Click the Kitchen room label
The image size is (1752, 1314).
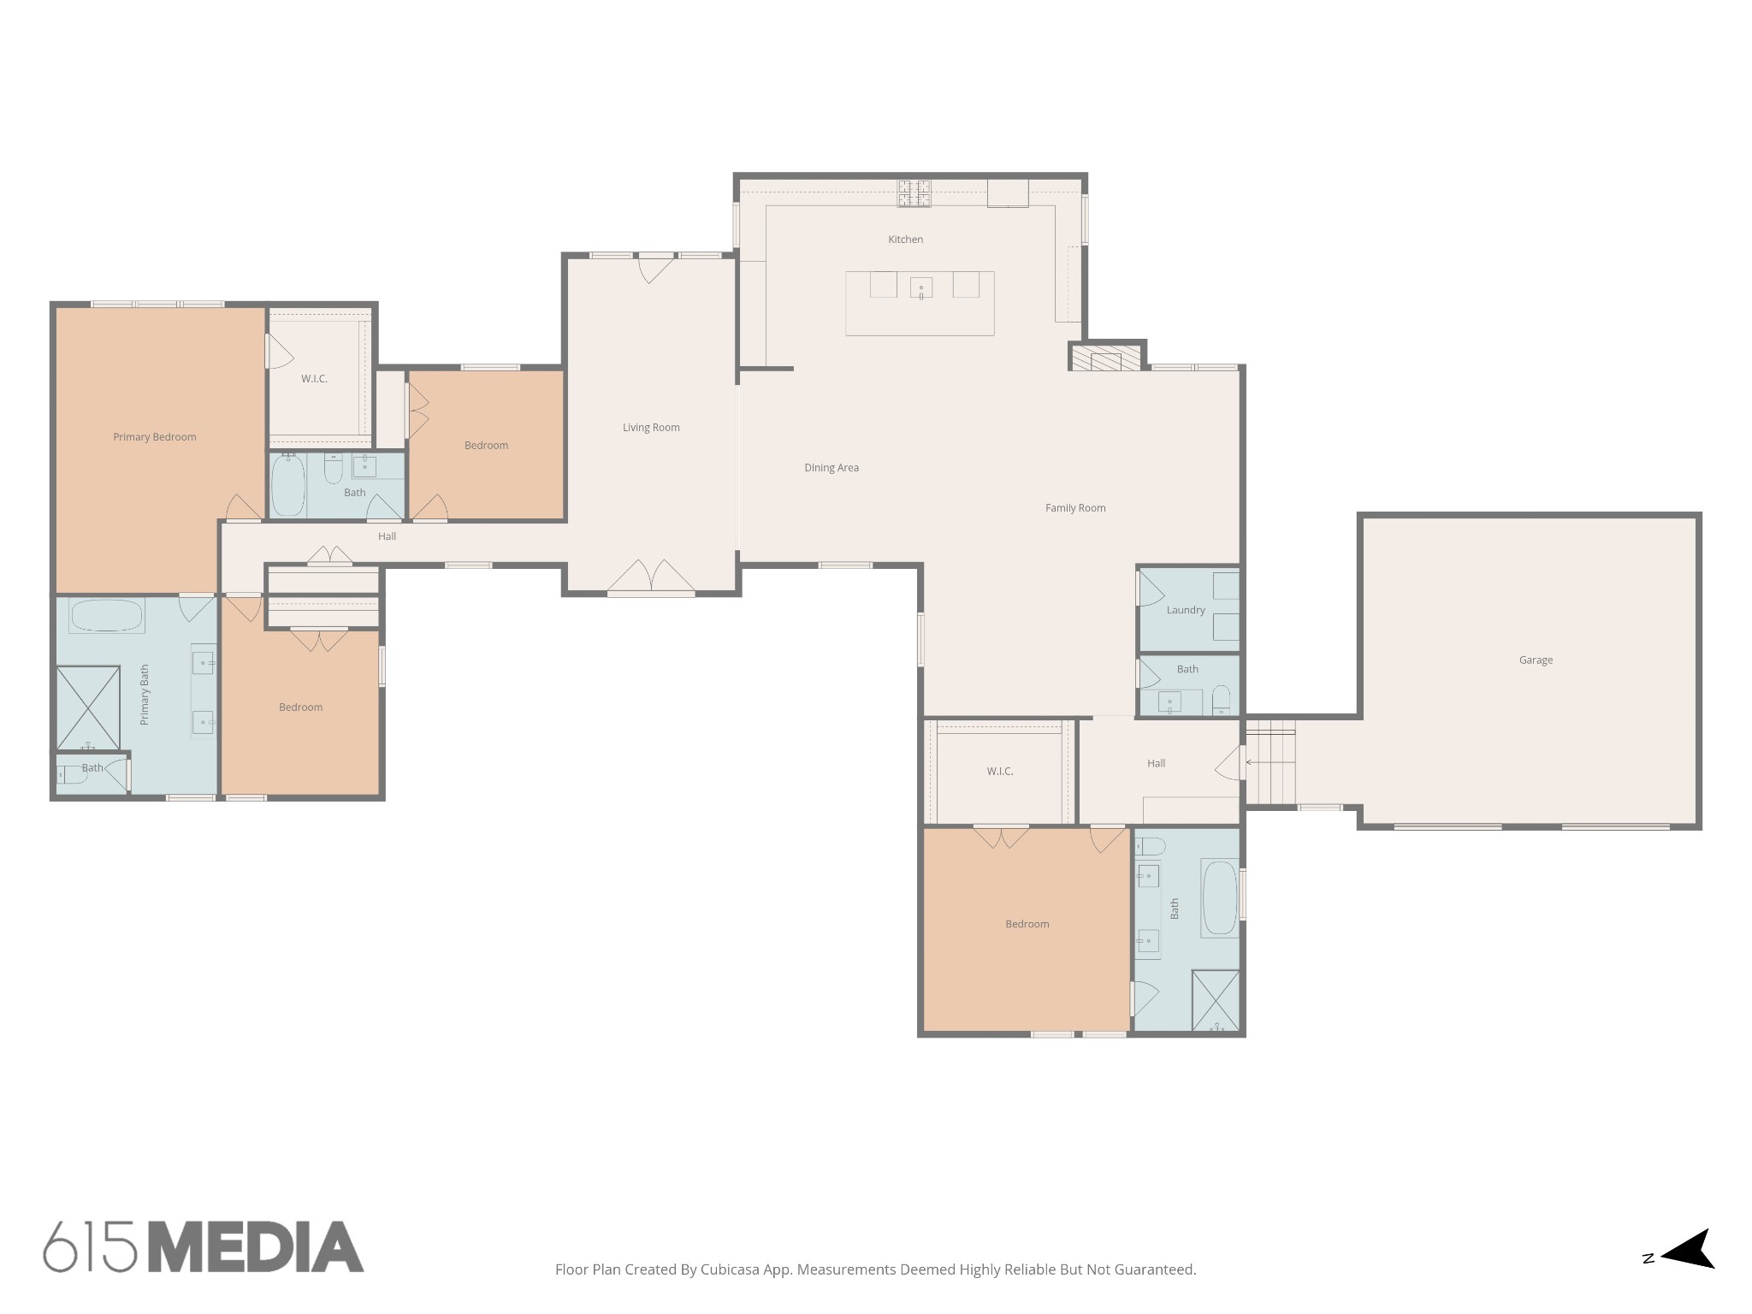click(905, 240)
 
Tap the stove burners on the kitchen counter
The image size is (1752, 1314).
click(914, 193)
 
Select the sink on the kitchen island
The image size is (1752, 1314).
click(920, 286)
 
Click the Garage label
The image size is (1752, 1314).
click(1536, 660)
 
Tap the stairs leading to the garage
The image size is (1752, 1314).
click(1270, 762)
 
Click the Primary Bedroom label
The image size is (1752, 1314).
click(155, 437)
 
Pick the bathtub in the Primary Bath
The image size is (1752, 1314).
click(106, 615)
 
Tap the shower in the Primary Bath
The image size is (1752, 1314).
click(88, 707)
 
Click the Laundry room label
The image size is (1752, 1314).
click(1185, 610)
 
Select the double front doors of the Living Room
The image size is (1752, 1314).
click(651, 577)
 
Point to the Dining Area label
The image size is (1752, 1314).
click(831, 468)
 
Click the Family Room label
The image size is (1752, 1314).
click(1075, 508)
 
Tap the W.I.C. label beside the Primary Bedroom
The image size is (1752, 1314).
click(314, 379)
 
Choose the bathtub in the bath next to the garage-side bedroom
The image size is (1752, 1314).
click(1219, 897)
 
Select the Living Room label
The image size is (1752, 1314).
click(651, 428)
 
